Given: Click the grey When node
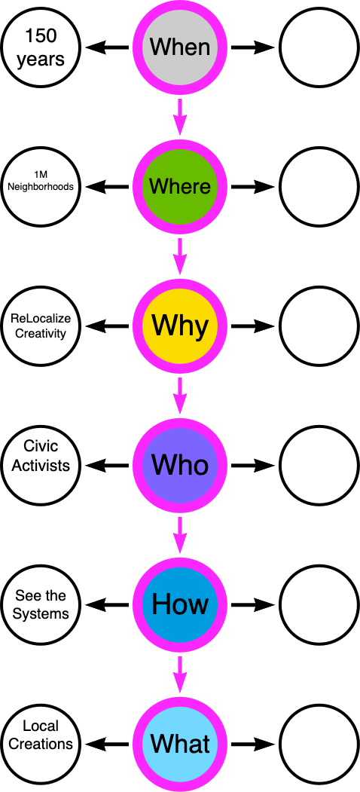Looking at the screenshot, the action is coord(180,47).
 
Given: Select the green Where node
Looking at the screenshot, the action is coord(180,187).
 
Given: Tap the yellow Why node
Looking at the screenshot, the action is coord(180,326).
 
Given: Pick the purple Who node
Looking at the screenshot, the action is coord(180,466).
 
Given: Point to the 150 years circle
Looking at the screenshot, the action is coord(41,47).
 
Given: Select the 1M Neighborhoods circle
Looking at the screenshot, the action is coord(41,187).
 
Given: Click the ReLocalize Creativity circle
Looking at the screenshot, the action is coord(41,326).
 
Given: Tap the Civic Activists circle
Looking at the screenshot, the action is coord(41,466).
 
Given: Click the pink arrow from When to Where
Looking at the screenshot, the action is coord(180,117).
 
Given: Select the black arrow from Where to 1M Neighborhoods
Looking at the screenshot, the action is coord(107,187).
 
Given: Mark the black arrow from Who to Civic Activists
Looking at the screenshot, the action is coord(107,466).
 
